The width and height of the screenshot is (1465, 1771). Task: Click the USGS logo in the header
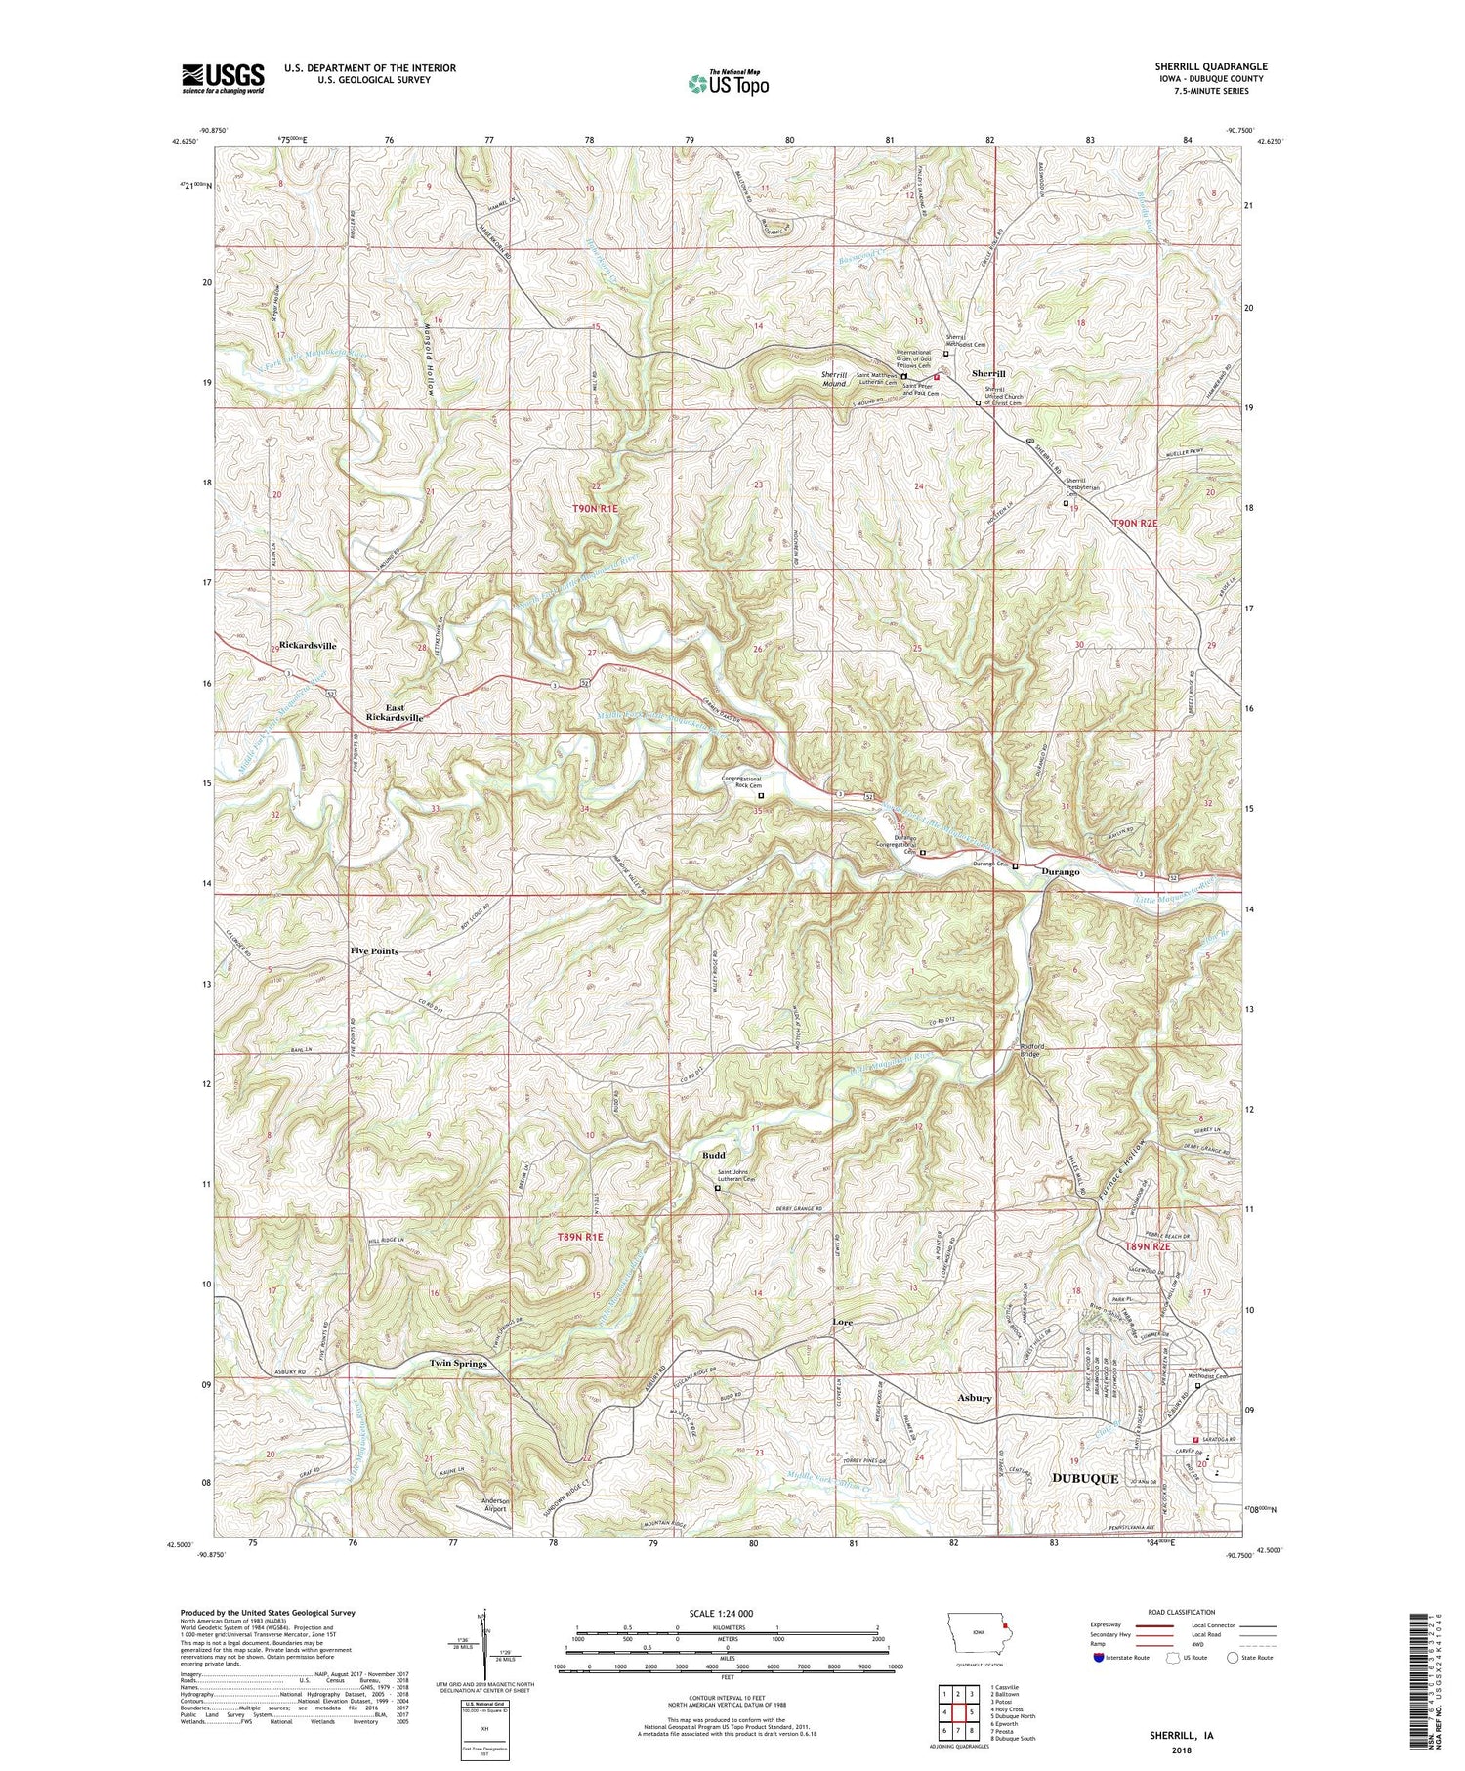(223, 78)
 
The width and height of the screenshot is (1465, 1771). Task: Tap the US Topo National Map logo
(729, 83)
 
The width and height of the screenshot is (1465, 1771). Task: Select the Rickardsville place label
(308, 646)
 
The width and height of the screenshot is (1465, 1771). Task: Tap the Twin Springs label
(459, 1363)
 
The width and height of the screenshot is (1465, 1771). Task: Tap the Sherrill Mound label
(833, 379)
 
